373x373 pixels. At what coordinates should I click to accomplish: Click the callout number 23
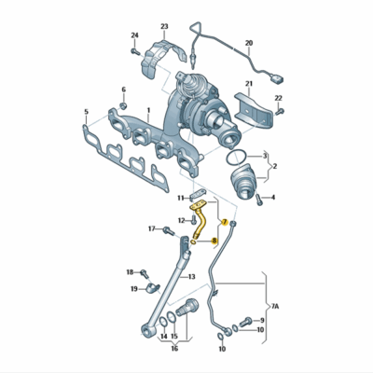click(164, 26)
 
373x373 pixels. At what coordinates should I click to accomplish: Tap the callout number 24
click(134, 36)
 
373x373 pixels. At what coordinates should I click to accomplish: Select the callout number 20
click(249, 44)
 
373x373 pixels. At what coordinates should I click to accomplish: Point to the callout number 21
click(249, 85)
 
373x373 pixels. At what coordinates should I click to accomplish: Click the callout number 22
click(278, 99)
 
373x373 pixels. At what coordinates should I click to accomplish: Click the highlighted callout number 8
click(214, 241)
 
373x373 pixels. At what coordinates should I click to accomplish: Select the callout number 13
click(190, 278)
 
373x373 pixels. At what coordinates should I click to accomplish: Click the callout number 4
click(273, 198)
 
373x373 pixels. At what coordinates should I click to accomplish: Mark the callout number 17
click(151, 228)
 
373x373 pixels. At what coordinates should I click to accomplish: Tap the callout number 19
click(134, 289)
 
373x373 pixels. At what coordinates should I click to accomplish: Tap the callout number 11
click(181, 198)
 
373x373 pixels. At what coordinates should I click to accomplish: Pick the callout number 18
click(131, 272)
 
